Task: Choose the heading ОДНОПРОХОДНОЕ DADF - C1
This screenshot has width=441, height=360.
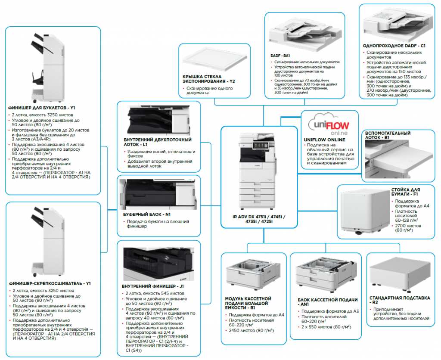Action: pos(394,46)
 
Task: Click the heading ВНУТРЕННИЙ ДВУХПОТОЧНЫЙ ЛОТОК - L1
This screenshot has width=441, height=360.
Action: pos(157,143)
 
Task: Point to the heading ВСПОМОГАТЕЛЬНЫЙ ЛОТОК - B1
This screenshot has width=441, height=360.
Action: pos(388,136)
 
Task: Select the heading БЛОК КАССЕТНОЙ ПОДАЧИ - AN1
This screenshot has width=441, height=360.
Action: pos(327,302)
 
